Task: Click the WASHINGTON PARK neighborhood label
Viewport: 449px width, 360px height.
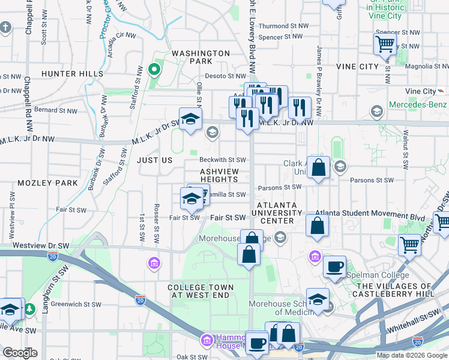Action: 200,57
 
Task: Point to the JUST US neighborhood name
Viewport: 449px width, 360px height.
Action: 154,160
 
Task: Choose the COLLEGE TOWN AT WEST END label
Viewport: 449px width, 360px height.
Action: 198,291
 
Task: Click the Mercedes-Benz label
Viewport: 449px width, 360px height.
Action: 418,104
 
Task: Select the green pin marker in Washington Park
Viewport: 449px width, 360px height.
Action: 154,70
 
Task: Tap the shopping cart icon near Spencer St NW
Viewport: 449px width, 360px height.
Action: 384,43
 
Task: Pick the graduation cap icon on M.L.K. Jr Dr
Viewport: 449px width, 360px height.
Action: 190,119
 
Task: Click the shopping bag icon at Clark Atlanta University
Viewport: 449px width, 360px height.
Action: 319,168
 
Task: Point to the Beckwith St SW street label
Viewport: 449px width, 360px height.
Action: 223,160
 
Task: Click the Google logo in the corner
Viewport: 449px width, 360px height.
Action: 20,353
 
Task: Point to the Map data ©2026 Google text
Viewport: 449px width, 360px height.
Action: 412,355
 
